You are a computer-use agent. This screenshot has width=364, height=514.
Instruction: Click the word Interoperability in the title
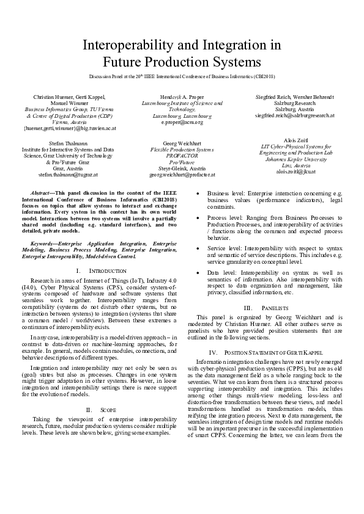point(127,45)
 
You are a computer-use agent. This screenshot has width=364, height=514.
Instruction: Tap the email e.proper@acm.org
point(182,122)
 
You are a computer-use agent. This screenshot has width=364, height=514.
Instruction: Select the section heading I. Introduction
point(97,270)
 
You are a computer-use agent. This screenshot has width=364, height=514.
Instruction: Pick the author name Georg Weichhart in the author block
point(182,142)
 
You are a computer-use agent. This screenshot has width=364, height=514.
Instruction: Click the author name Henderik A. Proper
point(182,96)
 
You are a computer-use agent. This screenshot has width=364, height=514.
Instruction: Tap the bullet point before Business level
point(198,193)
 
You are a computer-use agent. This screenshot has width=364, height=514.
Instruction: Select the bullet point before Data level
point(198,272)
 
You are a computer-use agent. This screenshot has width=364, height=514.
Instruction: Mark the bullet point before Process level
point(198,217)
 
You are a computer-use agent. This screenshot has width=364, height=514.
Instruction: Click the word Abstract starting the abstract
point(42,192)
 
